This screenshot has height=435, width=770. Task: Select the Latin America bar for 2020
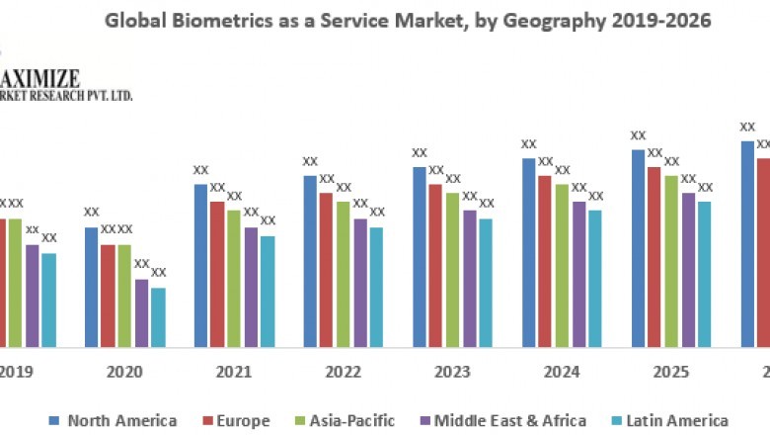point(158,317)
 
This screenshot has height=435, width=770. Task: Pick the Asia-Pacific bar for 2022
point(344,274)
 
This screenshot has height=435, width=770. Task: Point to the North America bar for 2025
point(638,248)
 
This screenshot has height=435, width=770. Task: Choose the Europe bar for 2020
point(108,296)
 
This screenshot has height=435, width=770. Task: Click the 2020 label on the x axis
point(124,373)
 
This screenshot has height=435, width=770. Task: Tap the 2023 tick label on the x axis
point(452,373)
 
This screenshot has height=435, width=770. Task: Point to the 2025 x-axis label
point(671,373)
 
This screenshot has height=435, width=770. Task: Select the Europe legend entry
point(234,420)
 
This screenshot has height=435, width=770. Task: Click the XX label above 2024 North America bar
point(529,144)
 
